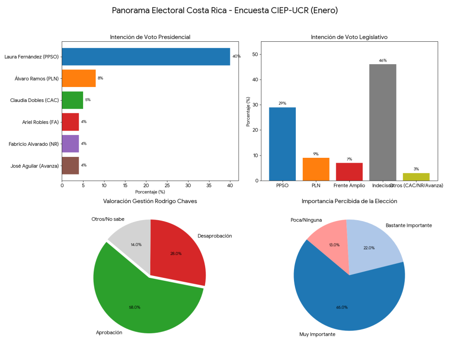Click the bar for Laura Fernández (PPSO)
pyautogui.click(x=146, y=57)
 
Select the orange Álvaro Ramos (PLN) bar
pyautogui.click(x=79, y=78)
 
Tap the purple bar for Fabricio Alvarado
pyautogui.click(x=70, y=144)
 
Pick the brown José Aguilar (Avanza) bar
pyautogui.click(x=70, y=165)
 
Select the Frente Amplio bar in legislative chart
pyautogui.click(x=349, y=171)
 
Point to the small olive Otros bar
pyautogui.click(x=416, y=177)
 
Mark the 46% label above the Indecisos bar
pyautogui.click(x=382, y=61)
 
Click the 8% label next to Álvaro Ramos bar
pyautogui.click(x=100, y=78)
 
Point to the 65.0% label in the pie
pyautogui.click(x=342, y=307)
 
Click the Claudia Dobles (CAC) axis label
pyautogui.click(x=34, y=100)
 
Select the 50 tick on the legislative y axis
pyautogui.click(x=255, y=55)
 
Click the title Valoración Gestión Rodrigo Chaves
pyautogui.click(x=150, y=201)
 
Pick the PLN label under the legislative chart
pyautogui.click(x=316, y=186)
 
